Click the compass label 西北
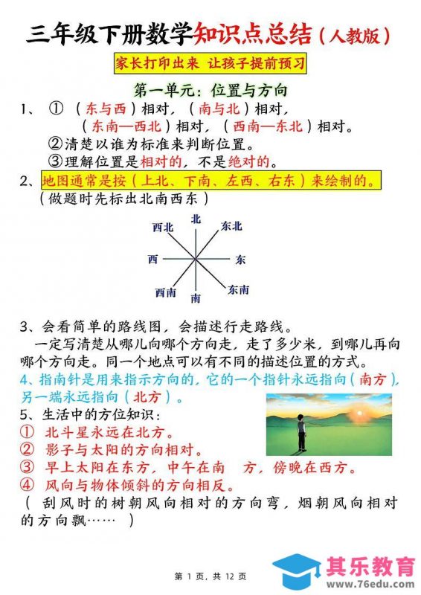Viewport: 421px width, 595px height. pos(163,225)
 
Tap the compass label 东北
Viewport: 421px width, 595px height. pos(231,225)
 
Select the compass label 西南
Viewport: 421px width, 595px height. pos(165,292)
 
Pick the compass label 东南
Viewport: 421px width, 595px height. pos(238,289)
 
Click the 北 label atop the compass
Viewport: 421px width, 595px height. pos(196,218)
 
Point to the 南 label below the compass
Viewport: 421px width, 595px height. pos(196,298)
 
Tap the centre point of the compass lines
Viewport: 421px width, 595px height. pos(196,259)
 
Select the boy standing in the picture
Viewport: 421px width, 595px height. pos(301,434)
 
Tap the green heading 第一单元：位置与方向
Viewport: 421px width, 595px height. pos(210,91)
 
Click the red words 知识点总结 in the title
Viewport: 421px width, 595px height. pos(252,33)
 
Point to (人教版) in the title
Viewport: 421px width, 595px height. pos(353,34)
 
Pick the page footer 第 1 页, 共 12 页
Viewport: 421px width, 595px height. pos(210,576)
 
